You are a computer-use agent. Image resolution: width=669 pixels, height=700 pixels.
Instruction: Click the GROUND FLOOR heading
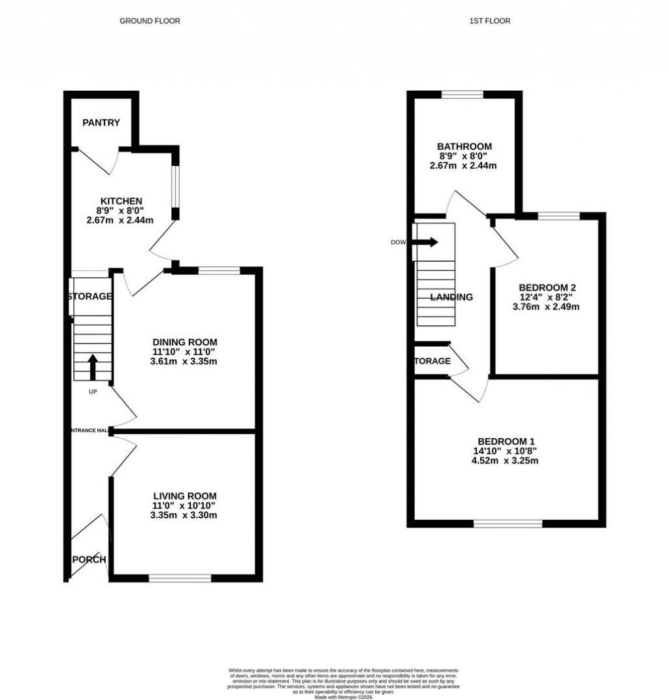click(x=150, y=21)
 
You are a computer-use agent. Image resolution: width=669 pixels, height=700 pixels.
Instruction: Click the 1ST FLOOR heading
click(x=489, y=21)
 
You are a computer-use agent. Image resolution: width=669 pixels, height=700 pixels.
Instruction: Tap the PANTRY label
click(x=100, y=123)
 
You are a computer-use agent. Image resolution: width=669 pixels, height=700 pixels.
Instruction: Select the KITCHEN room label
click(x=121, y=200)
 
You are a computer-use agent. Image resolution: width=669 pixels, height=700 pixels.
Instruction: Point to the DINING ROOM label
click(x=184, y=342)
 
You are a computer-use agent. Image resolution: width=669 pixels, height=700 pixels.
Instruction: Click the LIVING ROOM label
click(x=184, y=496)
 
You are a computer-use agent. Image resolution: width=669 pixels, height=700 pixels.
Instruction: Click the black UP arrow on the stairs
click(x=92, y=367)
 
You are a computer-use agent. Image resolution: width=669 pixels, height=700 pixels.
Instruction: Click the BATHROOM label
click(x=464, y=146)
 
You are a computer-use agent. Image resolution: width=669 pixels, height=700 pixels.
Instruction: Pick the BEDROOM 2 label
click(x=547, y=287)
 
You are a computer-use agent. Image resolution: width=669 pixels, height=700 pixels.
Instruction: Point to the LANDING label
click(x=451, y=297)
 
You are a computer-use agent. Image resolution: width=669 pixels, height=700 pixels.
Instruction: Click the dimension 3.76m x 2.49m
click(x=547, y=307)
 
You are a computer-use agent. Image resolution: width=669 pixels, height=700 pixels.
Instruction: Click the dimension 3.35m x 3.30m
click(x=184, y=515)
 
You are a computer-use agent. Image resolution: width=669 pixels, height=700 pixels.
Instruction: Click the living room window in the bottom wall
click(x=180, y=578)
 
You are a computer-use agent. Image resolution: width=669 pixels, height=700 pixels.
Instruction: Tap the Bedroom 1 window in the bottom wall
click(x=508, y=523)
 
